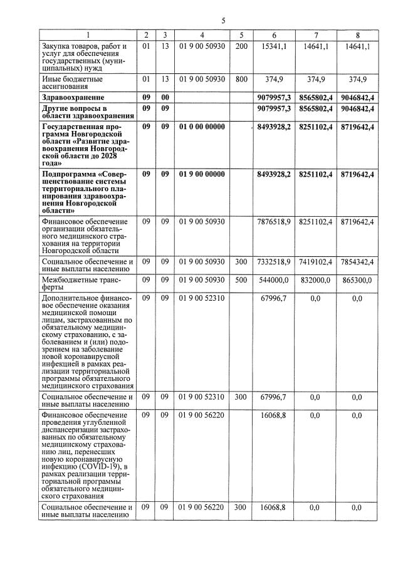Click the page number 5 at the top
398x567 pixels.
coord(223,21)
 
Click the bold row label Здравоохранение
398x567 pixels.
coord(71,98)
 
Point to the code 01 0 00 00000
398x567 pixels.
coord(202,127)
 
